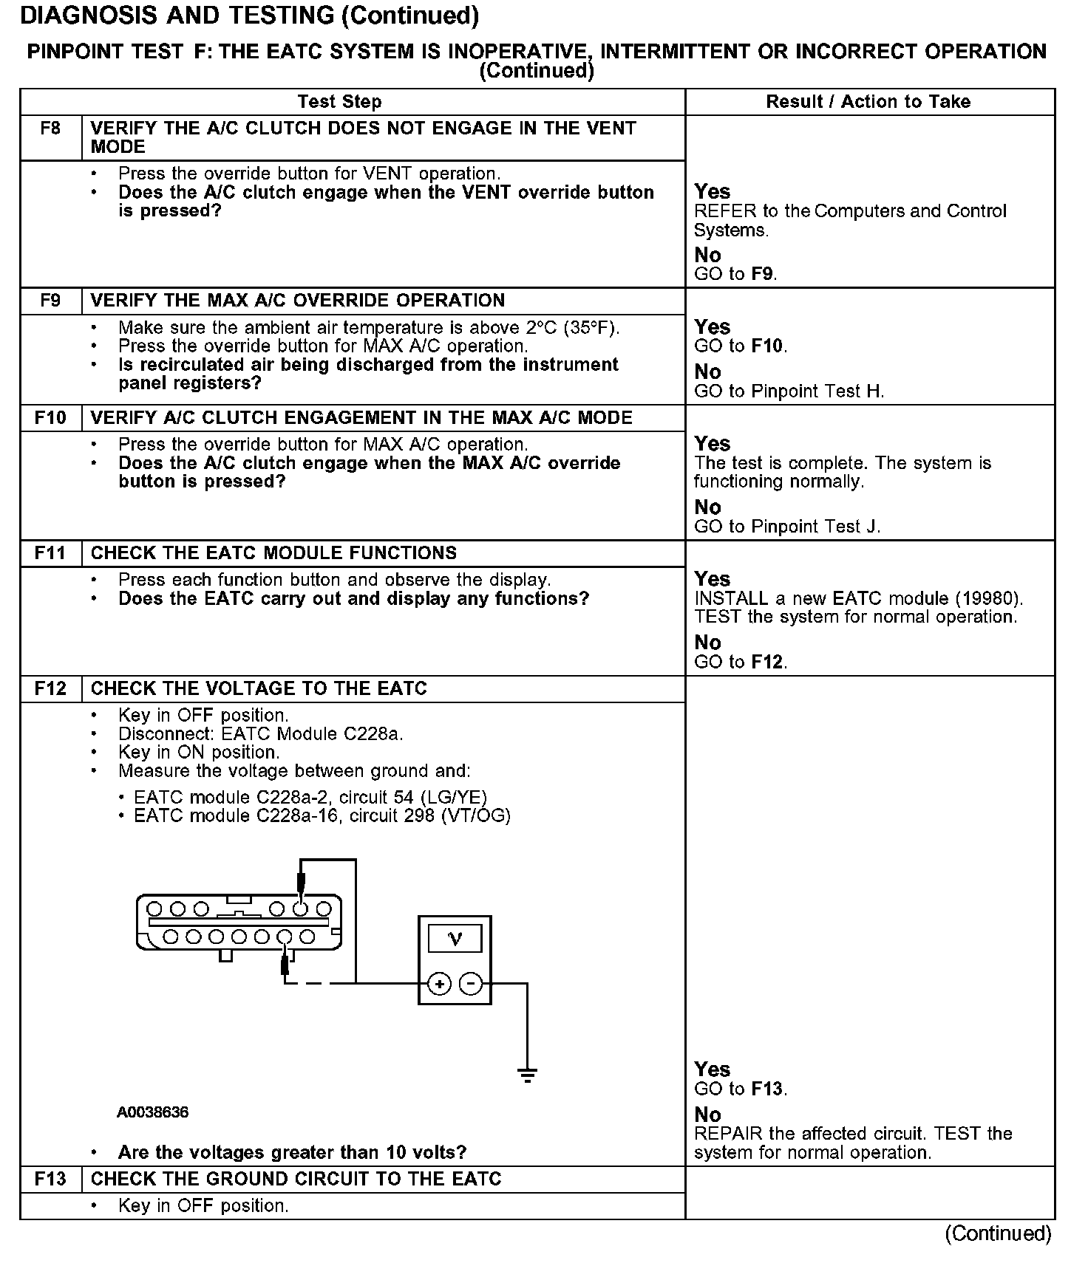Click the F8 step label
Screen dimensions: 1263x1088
pos(50,129)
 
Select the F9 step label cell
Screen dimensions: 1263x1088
pos(50,301)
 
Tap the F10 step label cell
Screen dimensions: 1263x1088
pos(50,418)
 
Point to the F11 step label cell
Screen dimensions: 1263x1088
pos(50,553)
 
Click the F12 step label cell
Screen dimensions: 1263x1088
pos(50,688)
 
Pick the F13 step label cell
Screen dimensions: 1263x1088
pos(50,1179)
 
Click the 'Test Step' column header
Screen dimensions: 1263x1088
pos(339,102)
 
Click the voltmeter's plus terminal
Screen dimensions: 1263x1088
pos(439,984)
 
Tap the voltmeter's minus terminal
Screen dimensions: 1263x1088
pos(471,984)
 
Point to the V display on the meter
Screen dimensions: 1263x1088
pos(455,939)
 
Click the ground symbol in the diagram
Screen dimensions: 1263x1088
pos(527,1075)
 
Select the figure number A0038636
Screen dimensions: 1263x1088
pos(152,1112)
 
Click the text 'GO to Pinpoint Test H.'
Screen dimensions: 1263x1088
pos(789,391)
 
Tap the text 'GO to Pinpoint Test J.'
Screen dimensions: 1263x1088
pos(787,527)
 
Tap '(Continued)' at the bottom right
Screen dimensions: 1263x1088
pos(998,1233)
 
